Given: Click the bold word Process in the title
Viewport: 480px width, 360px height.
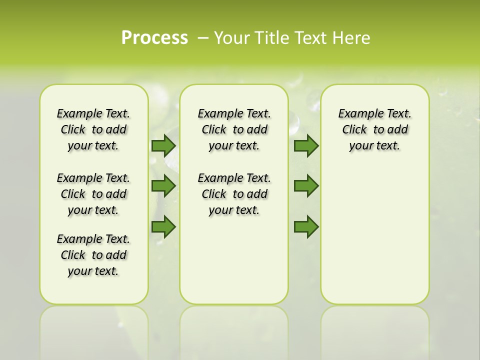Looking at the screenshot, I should click(154, 38).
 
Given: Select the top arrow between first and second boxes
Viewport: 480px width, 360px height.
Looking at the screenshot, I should click(163, 146).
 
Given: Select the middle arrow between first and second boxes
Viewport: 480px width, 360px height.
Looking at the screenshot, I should click(163, 186).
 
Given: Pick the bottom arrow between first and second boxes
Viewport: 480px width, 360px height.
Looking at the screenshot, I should click(163, 227).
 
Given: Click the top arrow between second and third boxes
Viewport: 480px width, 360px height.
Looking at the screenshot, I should click(306, 146).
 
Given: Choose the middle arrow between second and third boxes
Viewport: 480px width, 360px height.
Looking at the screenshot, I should click(306, 186).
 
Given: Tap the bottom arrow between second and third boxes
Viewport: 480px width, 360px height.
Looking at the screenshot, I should click(306, 227).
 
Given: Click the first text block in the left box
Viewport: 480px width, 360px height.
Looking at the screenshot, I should click(93, 130).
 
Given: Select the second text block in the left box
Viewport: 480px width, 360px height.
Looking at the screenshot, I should click(93, 194).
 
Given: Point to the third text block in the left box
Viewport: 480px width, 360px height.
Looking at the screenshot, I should click(93, 255).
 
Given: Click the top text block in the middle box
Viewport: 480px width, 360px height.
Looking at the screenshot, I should click(234, 130).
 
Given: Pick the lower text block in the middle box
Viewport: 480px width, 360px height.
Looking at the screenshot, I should click(234, 194).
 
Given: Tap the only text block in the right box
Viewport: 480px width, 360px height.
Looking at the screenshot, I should click(374, 130).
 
